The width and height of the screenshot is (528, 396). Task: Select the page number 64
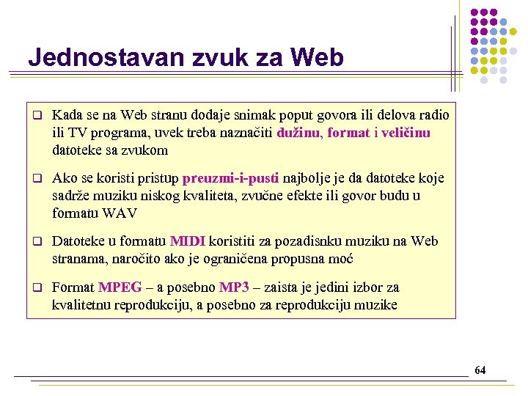[480, 370]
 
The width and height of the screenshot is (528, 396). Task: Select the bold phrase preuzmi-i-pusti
[231, 178]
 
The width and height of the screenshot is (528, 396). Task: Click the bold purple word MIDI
[188, 241]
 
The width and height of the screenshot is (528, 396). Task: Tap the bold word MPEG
[120, 287]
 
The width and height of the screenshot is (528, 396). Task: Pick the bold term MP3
[234, 287]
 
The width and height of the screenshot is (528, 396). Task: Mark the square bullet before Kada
[34, 116]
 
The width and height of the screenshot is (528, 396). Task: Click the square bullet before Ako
[34, 179]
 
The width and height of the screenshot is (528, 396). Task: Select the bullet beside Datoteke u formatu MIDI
[34, 242]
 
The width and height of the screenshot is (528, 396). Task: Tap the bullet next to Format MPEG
[34, 287]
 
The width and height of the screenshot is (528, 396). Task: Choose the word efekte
[284, 196]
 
